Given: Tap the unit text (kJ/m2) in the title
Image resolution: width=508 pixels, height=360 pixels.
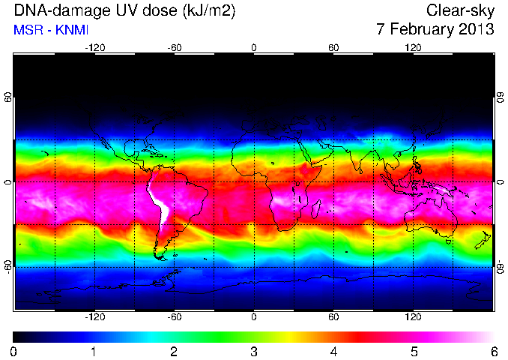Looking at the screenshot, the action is (208, 11).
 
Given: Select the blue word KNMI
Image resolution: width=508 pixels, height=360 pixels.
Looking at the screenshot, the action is (72, 30).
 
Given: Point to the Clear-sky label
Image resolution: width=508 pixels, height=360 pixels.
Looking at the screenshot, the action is (460, 11).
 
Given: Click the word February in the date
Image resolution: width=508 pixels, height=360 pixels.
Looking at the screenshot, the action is (420, 29).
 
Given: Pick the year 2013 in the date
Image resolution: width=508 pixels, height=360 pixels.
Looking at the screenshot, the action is (474, 28).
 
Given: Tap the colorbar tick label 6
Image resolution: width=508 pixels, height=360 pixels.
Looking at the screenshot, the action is (494, 352).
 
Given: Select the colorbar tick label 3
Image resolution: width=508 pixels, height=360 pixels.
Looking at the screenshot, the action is (254, 352).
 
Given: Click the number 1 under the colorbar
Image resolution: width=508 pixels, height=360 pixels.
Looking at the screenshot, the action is (94, 352).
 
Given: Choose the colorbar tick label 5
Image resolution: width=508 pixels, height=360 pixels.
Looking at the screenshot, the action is (414, 352).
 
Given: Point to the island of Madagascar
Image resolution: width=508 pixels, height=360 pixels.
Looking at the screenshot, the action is (316, 209).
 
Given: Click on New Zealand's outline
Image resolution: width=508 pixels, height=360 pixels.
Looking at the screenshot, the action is (483, 240).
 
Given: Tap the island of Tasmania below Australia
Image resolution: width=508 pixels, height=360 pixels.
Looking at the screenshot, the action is (449, 241).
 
